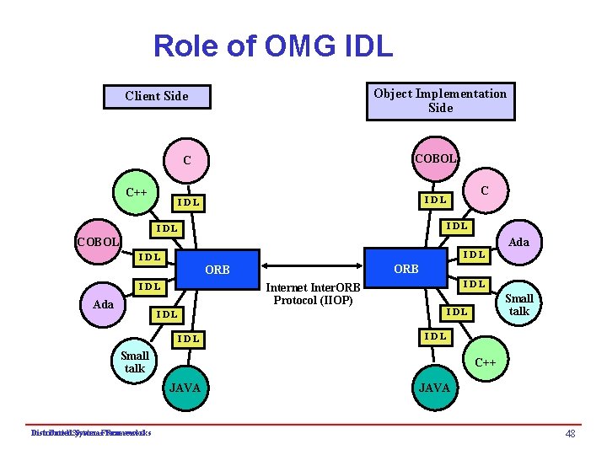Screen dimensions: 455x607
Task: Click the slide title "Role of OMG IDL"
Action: [x=272, y=45]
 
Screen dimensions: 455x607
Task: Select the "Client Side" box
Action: [x=157, y=96]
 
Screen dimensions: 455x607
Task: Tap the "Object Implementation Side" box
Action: [x=440, y=100]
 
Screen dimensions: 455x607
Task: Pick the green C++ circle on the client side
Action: [x=137, y=192]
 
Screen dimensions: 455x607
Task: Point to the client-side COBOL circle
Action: [x=97, y=243]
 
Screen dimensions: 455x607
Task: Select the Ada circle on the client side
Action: [x=103, y=304]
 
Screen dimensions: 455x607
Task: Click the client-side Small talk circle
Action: [x=135, y=362]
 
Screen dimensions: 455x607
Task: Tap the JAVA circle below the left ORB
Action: [x=185, y=388]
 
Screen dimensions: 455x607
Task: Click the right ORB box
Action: [x=406, y=269]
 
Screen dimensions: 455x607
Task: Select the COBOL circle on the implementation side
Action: [x=436, y=158]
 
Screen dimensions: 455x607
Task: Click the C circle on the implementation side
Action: [x=484, y=191]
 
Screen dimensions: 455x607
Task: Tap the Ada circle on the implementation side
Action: [x=519, y=243]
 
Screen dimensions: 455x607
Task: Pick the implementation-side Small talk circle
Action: [x=518, y=305]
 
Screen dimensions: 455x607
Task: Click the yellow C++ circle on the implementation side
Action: [x=485, y=362]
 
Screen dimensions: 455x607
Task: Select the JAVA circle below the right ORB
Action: [x=436, y=388]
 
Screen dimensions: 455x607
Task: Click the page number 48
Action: [x=570, y=433]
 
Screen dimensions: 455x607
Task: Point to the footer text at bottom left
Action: [x=90, y=433]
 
